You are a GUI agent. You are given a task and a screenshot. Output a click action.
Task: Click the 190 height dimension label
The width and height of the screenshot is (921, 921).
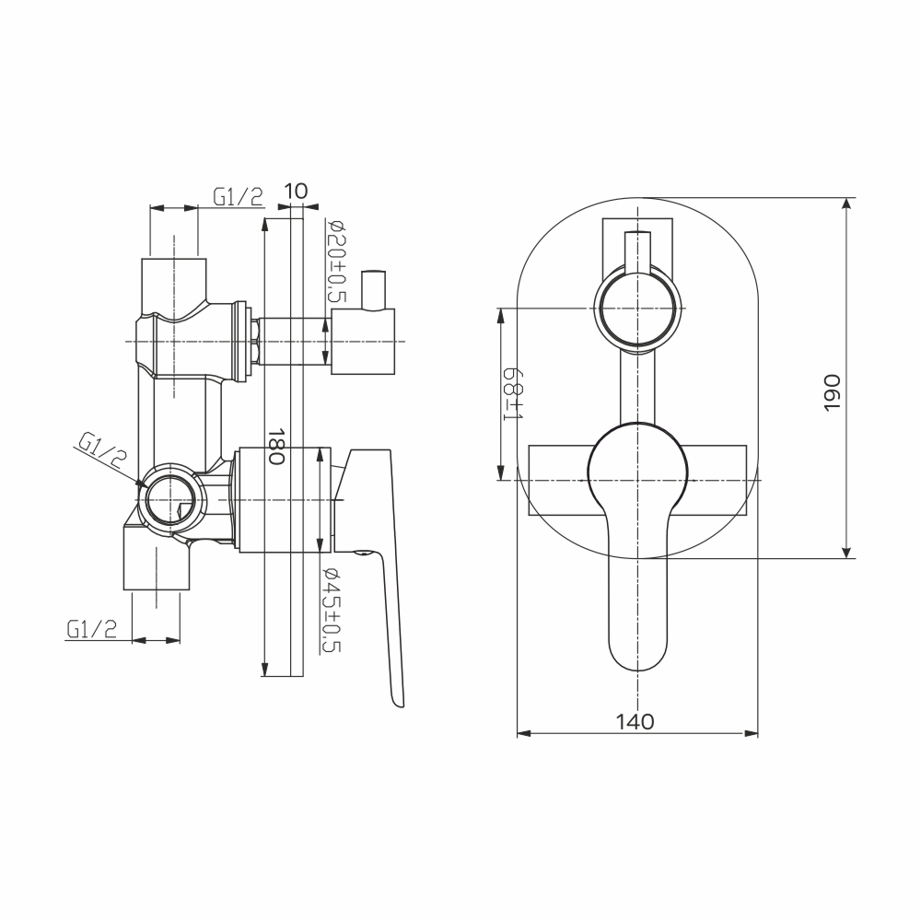click(833, 392)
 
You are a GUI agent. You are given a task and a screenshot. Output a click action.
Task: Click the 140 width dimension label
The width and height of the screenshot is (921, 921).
click(635, 721)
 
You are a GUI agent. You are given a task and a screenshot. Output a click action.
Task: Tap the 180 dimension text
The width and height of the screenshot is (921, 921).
click(276, 446)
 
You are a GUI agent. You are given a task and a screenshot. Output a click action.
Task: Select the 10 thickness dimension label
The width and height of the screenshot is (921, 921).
click(296, 191)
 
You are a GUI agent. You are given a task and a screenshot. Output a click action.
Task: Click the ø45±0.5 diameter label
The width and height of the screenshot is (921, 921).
click(332, 611)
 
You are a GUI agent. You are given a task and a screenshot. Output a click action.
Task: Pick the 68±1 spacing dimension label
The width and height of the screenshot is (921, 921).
click(513, 394)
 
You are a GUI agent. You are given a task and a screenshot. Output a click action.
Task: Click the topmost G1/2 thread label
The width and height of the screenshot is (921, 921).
click(238, 197)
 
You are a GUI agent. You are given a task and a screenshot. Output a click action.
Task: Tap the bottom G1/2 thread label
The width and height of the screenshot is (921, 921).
click(92, 629)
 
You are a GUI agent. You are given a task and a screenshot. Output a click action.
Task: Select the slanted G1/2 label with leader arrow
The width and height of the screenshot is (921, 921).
click(103, 449)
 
